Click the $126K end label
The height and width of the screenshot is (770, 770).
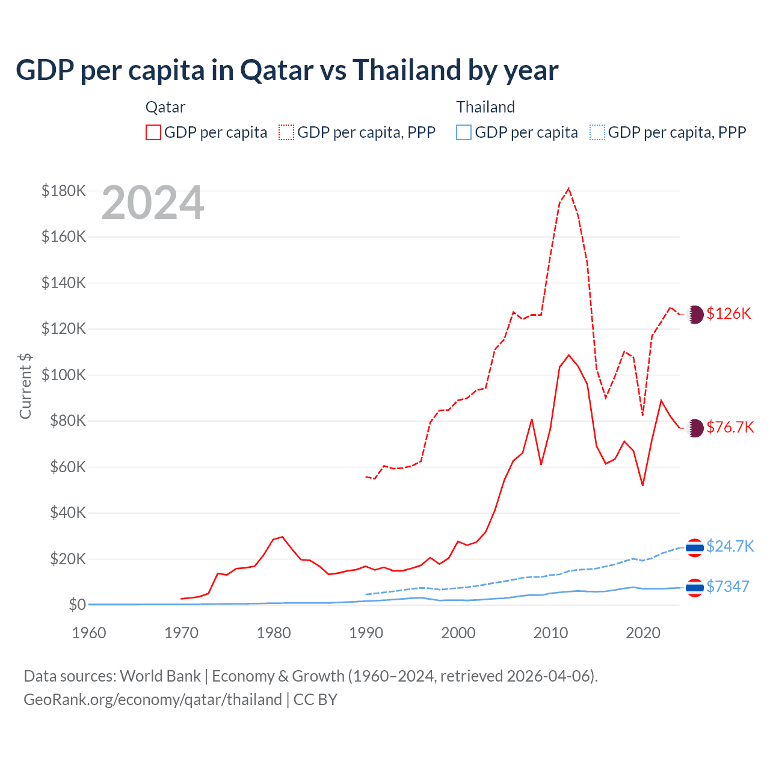728,313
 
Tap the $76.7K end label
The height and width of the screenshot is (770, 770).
730,427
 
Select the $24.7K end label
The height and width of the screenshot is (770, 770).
730,546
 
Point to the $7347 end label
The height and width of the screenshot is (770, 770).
728,587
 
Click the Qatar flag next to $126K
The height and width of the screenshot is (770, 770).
695,315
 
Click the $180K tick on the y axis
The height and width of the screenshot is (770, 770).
64,191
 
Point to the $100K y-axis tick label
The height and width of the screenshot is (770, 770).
64,375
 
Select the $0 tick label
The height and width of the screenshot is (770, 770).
77,605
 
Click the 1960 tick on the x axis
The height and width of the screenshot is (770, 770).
89,633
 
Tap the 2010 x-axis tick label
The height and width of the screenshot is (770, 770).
551,633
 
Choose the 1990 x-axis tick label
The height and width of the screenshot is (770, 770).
366,633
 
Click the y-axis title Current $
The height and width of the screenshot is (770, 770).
25,386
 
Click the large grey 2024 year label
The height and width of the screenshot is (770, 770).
153,203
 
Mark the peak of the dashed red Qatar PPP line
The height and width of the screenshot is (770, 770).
568,188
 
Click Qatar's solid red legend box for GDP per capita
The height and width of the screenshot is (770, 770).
153,132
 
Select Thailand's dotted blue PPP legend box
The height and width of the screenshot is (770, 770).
597,132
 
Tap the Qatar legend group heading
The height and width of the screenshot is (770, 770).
165,107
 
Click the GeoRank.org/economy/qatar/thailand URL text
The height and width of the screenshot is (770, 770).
153,700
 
